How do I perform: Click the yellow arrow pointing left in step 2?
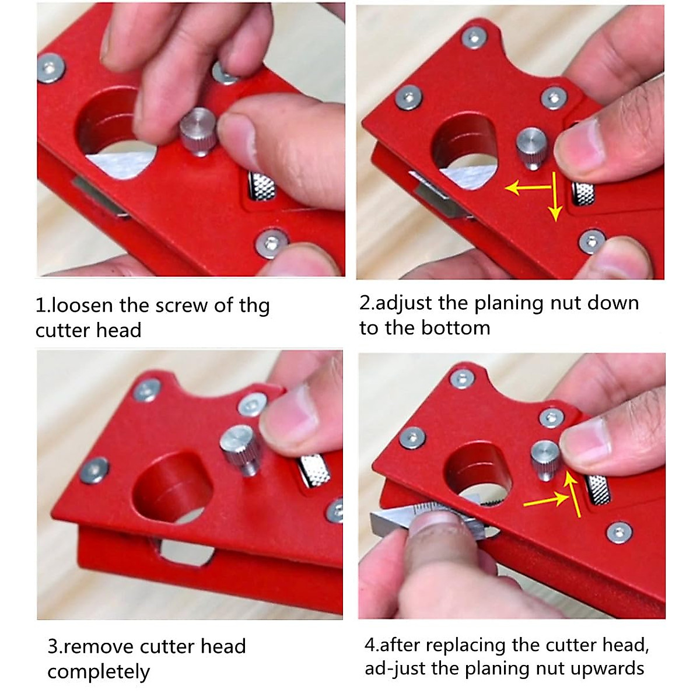tap(528, 188)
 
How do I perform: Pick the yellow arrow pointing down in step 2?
tap(555, 204)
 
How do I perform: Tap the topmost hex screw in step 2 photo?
tap(474, 37)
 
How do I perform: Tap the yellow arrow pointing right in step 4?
tap(545, 500)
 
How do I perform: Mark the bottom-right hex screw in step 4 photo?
tap(619, 531)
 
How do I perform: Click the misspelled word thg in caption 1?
tap(254, 306)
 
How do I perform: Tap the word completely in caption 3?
tap(99, 672)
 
